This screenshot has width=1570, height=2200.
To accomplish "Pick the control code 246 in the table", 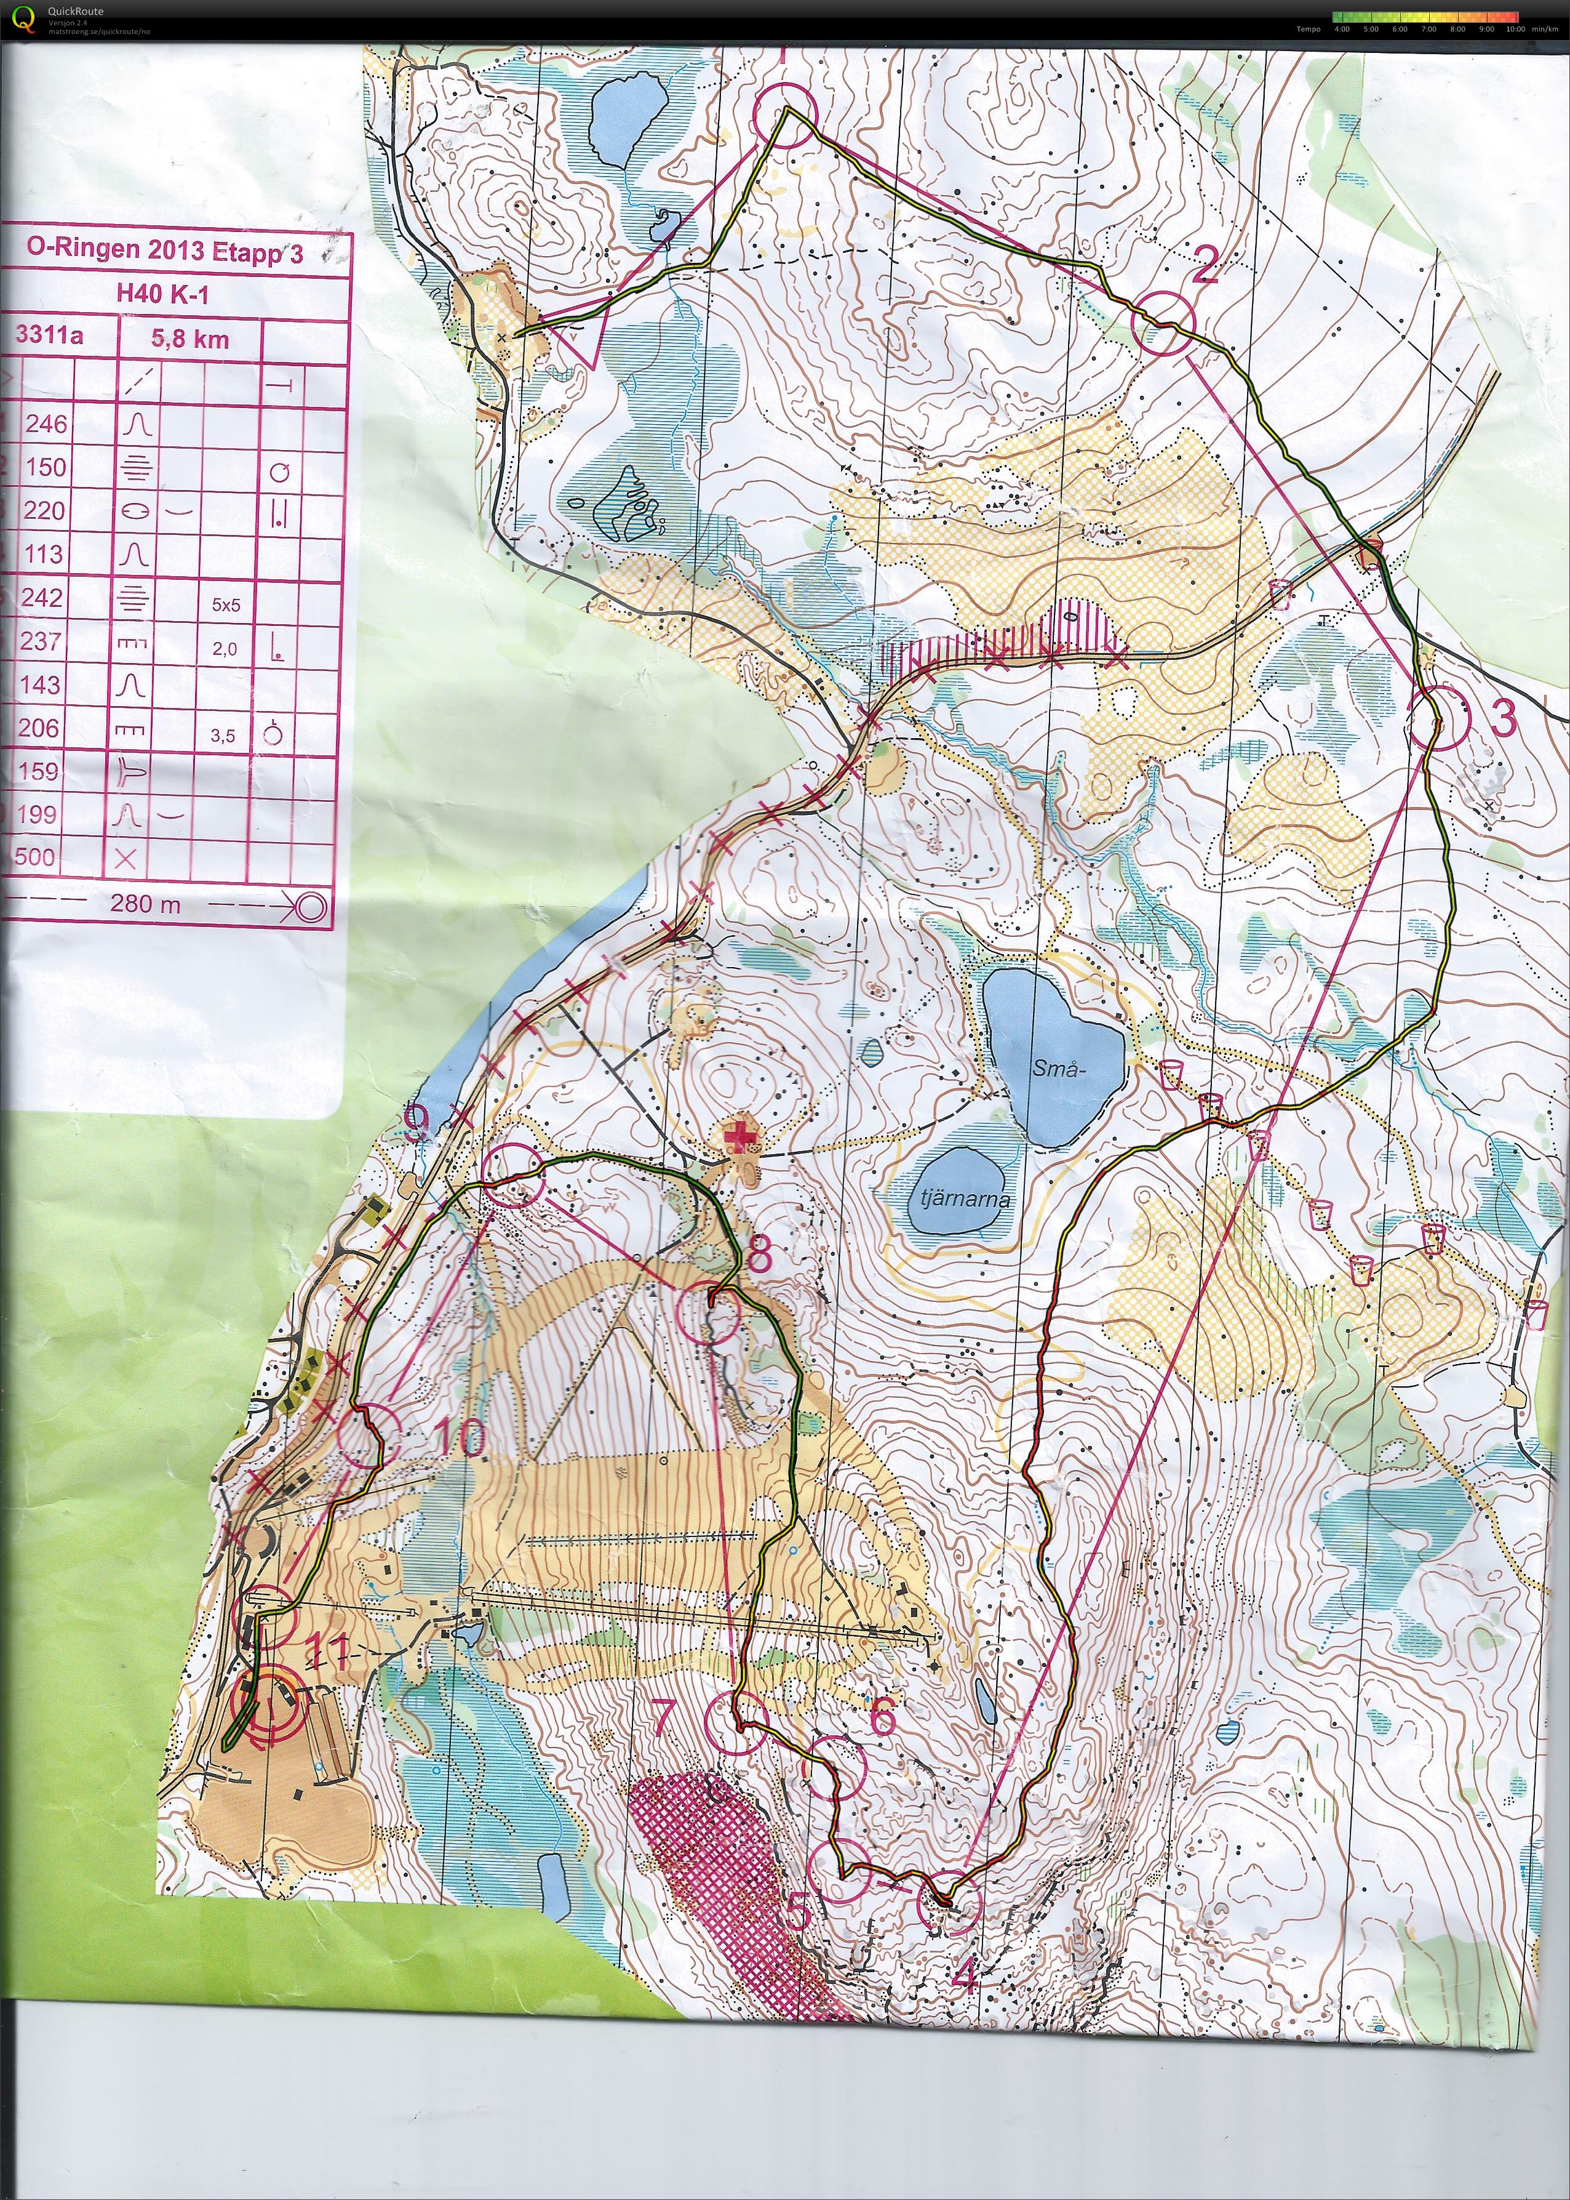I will pos(46,424).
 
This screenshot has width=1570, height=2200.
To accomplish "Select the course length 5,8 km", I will pos(191,339).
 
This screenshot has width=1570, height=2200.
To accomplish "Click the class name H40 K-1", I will pos(164,295).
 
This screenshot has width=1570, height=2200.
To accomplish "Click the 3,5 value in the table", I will pos(223,736).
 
